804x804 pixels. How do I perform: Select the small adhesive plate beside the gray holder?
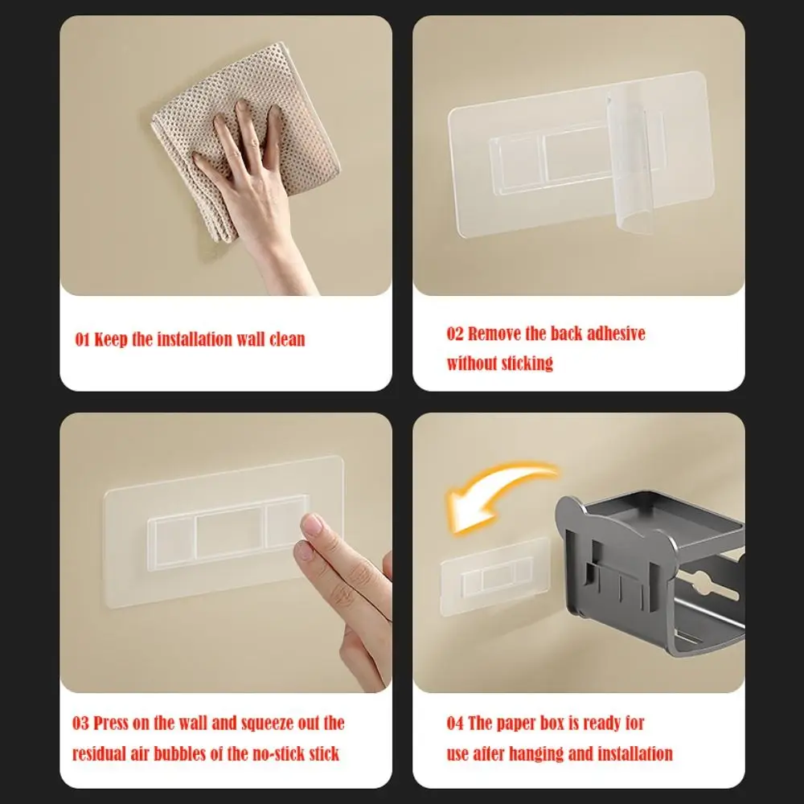pyautogui.click(x=495, y=576)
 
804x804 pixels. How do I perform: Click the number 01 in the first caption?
pyautogui.click(x=82, y=339)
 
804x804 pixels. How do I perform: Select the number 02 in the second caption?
pyautogui.click(x=455, y=334)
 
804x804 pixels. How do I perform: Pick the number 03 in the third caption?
pyautogui.click(x=80, y=723)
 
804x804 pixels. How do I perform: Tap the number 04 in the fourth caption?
pyautogui.click(x=455, y=723)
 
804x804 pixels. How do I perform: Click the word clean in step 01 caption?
pyautogui.click(x=287, y=339)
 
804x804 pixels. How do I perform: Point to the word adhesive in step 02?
pyautogui.click(x=616, y=334)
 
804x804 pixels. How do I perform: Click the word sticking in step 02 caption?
pyautogui.click(x=527, y=363)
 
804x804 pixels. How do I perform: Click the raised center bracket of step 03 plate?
pyautogui.click(x=228, y=533)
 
